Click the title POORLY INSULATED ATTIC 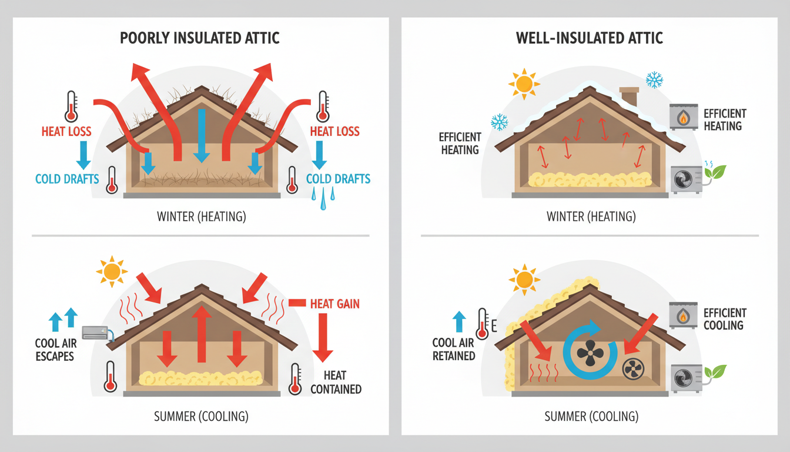(x=200, y=38)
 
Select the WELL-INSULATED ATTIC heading (x=590, y=38)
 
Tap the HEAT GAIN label (x=335, y=304)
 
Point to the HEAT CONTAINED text (x=336, y=382)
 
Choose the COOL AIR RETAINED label (x=454, y=349)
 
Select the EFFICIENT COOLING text (x=725, y=319)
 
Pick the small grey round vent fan (x=633, y=368)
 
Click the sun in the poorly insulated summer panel (x=111, y=272)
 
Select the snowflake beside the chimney (x=654, y=79)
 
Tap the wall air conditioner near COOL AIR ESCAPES (x=95, y=333)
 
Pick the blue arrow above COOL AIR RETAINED (x=458, y=322)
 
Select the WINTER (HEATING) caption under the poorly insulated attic (x=201, y=217)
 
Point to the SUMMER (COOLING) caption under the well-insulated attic (x=591, y=417)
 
